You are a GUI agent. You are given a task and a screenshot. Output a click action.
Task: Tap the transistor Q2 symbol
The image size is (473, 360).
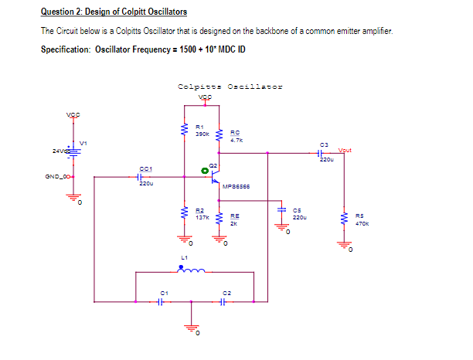pyautogui.click(x=216, y=176)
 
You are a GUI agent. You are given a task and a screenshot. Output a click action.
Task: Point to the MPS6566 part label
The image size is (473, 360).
pyautogui.click(x=234, y=186)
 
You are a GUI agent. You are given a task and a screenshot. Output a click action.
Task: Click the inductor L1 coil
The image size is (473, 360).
pyautogui.click(x=191, y=270)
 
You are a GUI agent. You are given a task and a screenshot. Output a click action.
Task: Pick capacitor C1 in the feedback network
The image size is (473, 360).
pyautogui.click(x=160, y=301)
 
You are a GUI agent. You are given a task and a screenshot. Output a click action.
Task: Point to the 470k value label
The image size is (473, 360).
pyautogui.click(x=362, y=224)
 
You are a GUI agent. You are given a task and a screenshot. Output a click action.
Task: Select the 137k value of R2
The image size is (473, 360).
pyautogui.click(x=200, y=219)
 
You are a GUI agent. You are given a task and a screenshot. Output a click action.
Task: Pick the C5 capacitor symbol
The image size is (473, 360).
pyautogui.click(x=282, y=212)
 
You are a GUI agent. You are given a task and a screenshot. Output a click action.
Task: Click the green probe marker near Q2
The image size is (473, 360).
pyautogui.click(x=205, y=169)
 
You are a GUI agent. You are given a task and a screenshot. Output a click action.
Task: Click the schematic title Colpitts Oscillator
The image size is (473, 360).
pyautogui.click(x=230, y=87)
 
